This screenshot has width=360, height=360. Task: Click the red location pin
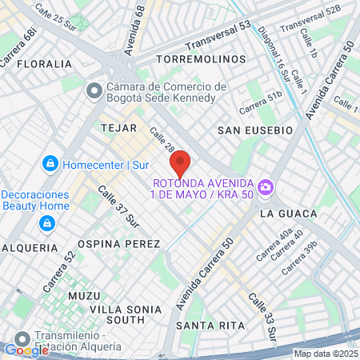[x=180, y=162]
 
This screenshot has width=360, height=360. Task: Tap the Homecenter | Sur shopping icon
[x=50, y=164]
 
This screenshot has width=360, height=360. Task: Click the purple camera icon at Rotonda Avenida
[x=266, y=189]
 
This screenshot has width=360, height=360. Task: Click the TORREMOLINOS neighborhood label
[x=201, y=60]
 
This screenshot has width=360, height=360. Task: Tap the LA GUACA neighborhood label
[x=288, y=214]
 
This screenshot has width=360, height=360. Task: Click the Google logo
[x=26, y=350]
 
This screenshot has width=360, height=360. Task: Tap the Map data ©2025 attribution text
[x=325, y=354]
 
